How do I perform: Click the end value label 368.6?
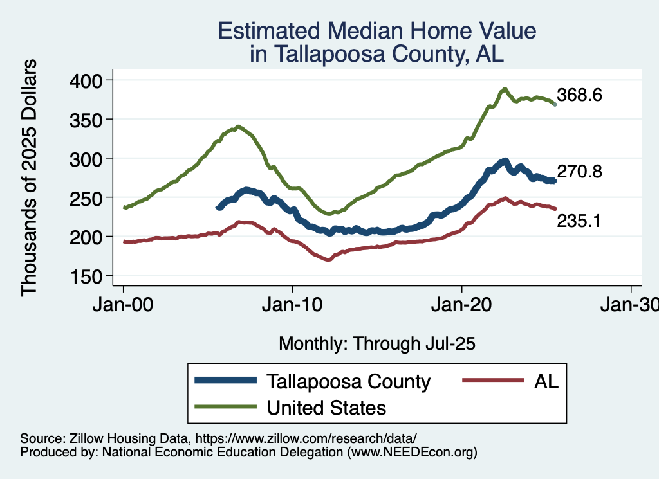(x=580, y=96)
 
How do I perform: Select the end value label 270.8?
(x=580, y=172)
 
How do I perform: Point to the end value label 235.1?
(x=579, y=221)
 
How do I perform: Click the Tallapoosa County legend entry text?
(x=348, y=381)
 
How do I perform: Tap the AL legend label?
(x=546, y=381)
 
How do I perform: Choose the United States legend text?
(x=326, y=407)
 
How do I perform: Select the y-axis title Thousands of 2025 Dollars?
(x=30, y=177)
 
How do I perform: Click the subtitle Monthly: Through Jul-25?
(x=376, y=344)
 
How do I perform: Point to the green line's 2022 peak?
(x=505, y=89)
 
